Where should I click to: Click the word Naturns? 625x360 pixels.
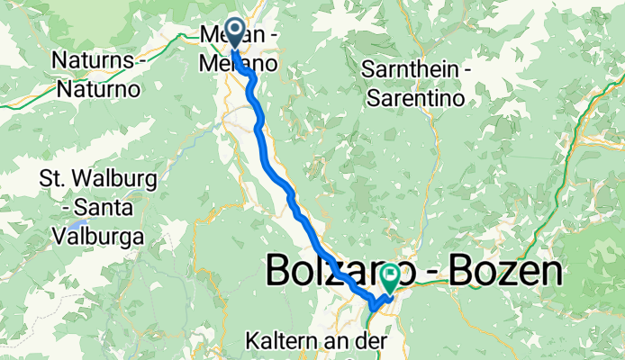[88, 61]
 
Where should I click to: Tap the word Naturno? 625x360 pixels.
[97, 90]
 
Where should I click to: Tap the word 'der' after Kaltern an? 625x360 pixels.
[376, 342]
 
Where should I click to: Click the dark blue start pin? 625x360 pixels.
[233, 33]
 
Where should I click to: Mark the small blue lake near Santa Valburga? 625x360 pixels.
[82, 220]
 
